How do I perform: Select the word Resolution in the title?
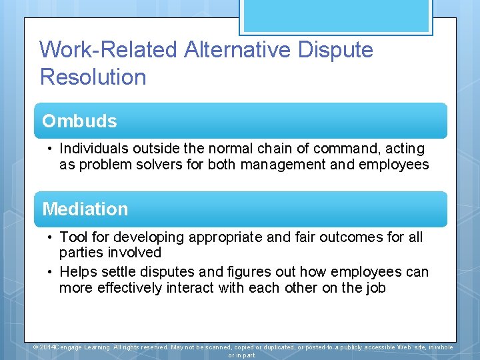93,77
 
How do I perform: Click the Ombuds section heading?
79,121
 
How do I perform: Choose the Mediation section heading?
85,209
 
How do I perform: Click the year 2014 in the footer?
48,347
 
